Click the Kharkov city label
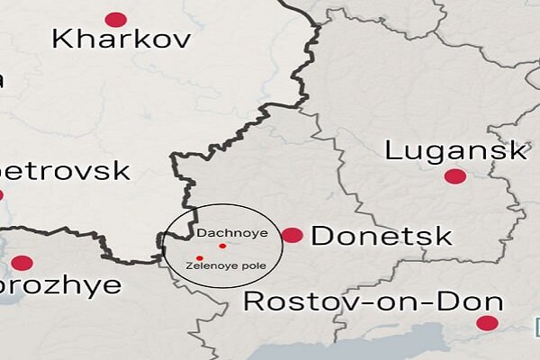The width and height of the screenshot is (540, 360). click(x=121, y=40)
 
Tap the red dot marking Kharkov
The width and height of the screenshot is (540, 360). click(x=116, y=19)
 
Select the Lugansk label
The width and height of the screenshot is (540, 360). click(x=455, y=150)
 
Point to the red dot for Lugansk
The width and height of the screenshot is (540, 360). click(x=455, y=176)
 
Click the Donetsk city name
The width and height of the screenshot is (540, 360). click(x=381, y=237)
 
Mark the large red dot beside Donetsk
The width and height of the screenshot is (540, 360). click(x=292, y=236)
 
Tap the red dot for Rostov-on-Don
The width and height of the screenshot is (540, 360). click(x=487, y=323)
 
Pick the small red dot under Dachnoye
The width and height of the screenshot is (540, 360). click(x=222, y=246)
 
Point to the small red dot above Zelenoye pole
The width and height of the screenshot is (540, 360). click(x=199, y=258)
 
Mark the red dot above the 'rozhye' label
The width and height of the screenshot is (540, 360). click(x=22, y=264)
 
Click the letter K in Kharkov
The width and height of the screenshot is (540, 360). click(x=63, y=39)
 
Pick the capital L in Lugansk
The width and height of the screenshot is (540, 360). click(x=393, y=149)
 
